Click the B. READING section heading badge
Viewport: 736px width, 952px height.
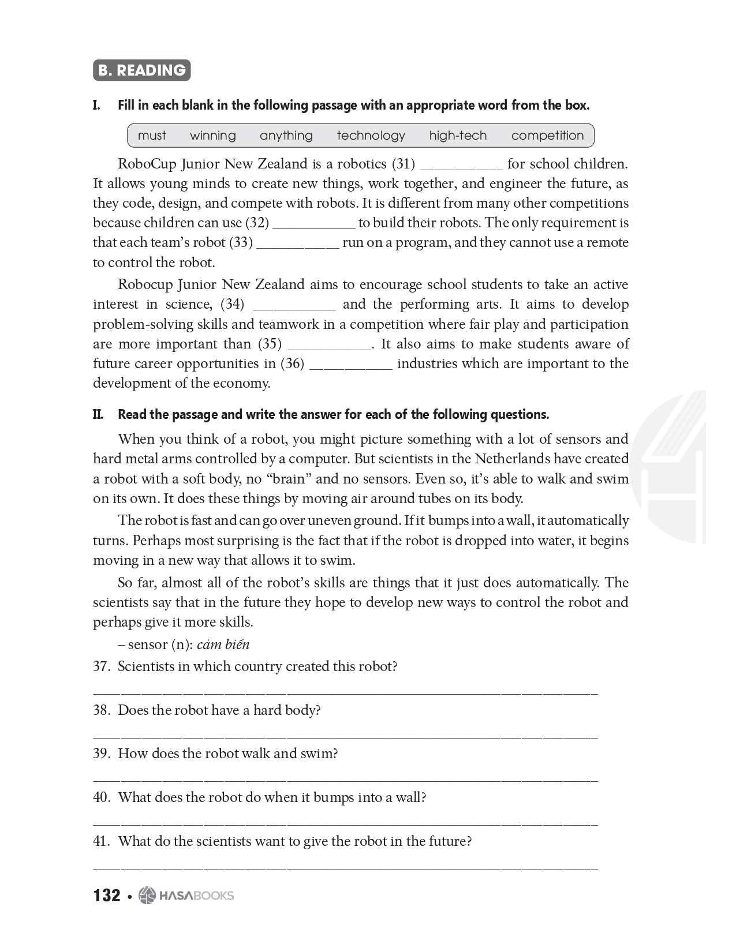coord(141,70)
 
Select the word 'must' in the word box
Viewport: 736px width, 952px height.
coord(152,136)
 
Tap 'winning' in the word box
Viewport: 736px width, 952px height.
coord(213,136)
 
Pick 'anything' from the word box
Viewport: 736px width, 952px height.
coord(286,136)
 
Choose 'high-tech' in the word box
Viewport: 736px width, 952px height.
coord(458,136)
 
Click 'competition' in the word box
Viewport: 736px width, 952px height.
coord(547,136)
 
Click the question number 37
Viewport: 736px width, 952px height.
coord(101,666)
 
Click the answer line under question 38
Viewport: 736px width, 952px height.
coord(345,736)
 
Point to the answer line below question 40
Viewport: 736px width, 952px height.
coord(345,823)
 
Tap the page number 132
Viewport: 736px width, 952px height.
coord(107,895)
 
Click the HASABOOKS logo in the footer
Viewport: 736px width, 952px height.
coord(186,895)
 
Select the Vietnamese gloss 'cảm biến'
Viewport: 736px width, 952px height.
coord(223,644)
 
